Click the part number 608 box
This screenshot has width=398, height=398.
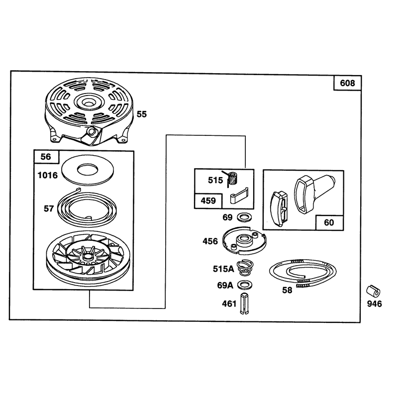(x=347, y=83)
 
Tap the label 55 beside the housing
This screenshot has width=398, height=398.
(x=142, y=114)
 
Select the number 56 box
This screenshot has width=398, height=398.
(x=46, y=157)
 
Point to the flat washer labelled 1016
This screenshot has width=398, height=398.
(x=88, y=170)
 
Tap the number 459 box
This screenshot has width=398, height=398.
(x=208, y=201)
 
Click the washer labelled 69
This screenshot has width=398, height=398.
(x=244, y=217)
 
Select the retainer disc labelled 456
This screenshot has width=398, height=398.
(x=244, y=240)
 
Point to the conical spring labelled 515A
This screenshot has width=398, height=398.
(x=244, y=268)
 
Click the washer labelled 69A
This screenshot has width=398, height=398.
(x=245, y=285)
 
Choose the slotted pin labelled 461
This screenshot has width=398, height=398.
(x=244, y=303)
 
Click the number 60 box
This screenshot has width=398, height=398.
(x=329, y=222)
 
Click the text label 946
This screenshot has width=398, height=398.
(x=375, y=304)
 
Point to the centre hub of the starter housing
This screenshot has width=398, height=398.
(x=88, y=102)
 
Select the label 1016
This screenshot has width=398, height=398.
(x=47, y=175)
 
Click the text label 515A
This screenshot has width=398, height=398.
(x=223, y=269)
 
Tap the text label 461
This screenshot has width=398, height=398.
(x=229, y=303)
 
